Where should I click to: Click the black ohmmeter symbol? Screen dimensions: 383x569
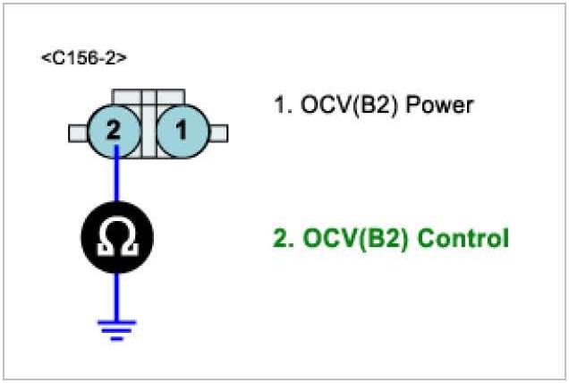[116, 237]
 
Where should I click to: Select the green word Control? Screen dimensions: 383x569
[463, 240]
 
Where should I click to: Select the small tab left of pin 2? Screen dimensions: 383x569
[75, 132]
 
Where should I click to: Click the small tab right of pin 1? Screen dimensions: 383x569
[219, 132]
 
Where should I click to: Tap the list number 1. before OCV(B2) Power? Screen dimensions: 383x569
[282, 106]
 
